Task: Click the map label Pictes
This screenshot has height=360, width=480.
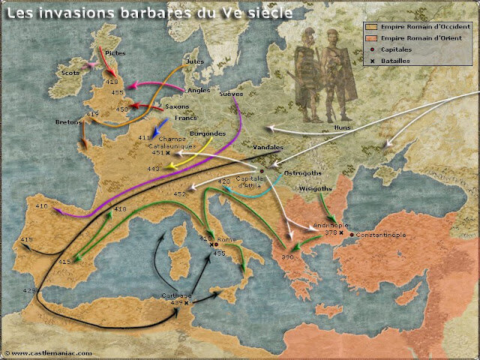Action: pyautogui.click(x=115, y=53)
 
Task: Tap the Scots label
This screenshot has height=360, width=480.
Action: pyautogui.click(x=71, y=73)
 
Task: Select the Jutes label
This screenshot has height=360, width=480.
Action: pyautogui.click(x=193, y=61)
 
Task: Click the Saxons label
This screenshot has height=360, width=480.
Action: pyautogui.click(x=177, y=106)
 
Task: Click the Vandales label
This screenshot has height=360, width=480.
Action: pyautogui.click(x=268, y=148)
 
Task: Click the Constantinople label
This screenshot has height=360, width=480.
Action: pyautogui.click(x=381, y=235)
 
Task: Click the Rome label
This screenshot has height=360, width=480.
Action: pyautogui.click(x=227, y=239)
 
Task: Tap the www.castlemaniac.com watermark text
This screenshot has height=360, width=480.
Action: pyautogui.click(x=49, y=352)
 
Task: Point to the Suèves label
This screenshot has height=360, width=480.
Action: pyautogui.click(x=230, y=95)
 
